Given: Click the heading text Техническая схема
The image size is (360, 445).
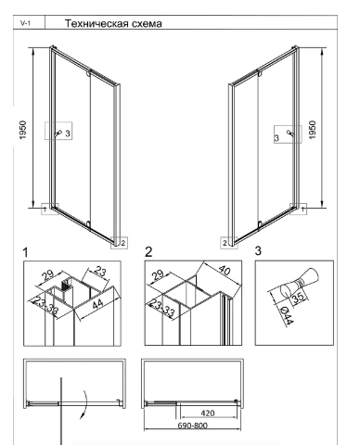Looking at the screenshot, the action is click(113, 24).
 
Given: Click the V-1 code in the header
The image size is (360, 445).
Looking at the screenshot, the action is click(25, 23).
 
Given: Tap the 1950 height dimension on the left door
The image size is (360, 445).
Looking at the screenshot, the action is click(23, 130).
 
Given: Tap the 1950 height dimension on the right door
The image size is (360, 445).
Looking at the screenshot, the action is click(313, 130).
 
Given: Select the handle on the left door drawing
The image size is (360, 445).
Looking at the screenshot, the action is click(58, 133).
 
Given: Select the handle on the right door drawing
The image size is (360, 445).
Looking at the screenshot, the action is click(289, 133).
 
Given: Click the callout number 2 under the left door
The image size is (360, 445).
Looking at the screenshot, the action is click(122, 243).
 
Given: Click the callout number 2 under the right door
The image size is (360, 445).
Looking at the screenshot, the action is click(225, 243).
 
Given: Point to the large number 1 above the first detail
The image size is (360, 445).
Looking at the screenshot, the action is click(25, 253).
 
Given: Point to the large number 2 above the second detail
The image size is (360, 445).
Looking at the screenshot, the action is click(148, 252).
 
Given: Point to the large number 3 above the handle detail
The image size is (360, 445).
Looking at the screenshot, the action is click(258, 251).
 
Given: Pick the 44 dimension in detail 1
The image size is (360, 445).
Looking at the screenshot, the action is click(98, 304).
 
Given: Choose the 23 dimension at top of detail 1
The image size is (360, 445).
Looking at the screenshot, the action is click(99, 272).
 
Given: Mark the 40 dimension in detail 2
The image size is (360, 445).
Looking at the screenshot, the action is click(225, 271).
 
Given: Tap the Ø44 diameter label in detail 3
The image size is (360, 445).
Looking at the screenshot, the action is click(286, 315).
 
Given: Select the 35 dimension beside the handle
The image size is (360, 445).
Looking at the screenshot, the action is click(298, 299).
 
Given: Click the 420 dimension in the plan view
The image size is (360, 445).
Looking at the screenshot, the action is click(208, 413).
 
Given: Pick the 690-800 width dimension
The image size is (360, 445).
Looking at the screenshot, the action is click(192, 426).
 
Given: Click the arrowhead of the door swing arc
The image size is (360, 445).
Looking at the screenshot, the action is click(82, 416).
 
